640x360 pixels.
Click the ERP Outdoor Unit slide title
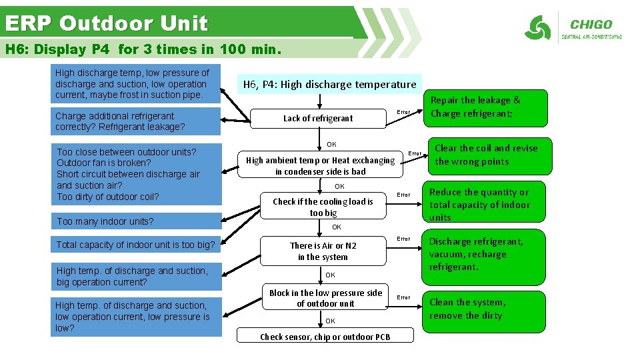107,23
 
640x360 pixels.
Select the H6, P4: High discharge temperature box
329,84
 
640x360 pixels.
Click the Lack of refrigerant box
318,118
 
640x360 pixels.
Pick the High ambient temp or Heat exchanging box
321,166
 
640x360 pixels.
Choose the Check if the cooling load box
323,207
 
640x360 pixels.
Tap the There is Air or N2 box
323,251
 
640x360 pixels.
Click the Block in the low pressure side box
325,298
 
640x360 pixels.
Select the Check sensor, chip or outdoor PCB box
325,337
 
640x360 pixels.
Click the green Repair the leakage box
485,107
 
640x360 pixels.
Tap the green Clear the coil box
486,155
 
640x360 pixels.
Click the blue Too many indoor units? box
135,221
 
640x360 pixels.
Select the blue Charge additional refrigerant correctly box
135,121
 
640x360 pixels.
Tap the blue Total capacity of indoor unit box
135,245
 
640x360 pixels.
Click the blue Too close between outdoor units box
135,173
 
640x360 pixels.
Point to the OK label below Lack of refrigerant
331,144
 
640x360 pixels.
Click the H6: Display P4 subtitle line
143,49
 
